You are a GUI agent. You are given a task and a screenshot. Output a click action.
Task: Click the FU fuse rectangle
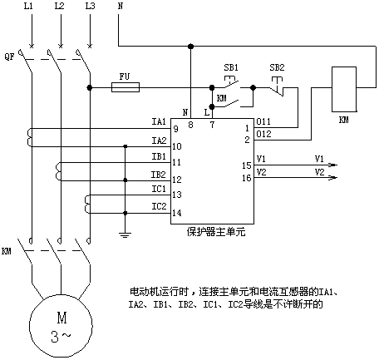click(x=126, y=87)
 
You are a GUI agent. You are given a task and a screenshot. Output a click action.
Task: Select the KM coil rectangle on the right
click(x=344, y=89)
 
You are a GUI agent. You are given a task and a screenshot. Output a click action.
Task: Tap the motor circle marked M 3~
click(x=61, y=326)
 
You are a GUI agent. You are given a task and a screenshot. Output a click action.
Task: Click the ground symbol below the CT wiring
click(x=125, y=235)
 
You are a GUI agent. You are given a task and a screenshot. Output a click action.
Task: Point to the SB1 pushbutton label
click(x=231, y=67)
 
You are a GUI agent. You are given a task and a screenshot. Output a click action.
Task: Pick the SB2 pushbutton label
click(x=277, y=67)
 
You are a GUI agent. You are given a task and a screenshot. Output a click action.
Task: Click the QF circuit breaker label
click(x=9, y=57)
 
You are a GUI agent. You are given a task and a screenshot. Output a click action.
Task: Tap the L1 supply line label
click(x=28, y=6)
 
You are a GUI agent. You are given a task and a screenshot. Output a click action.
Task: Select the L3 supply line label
click(x=90, y=6)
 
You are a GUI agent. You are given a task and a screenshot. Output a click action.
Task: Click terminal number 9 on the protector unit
click(x=175, y=129)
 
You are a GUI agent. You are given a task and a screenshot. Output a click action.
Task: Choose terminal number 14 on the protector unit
click(x=177, y=213)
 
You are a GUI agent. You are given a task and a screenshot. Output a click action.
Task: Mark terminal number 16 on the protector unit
click(x=247, y=178)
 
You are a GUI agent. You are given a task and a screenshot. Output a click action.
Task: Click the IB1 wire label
click(x=159, y=156)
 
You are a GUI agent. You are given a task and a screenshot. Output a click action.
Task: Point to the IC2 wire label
click(x=159, y=206)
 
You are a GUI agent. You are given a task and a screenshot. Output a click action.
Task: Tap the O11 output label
click(x=263, y=121)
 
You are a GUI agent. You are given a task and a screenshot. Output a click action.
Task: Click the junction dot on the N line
click(x=190, y=46)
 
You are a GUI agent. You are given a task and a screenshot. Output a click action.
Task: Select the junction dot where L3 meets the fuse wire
click(x=90, y=87)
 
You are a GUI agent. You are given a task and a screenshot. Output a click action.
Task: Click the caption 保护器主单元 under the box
click(x=216, y=232)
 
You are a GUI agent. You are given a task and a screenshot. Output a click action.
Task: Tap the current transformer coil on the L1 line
click(x=29, y=137)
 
